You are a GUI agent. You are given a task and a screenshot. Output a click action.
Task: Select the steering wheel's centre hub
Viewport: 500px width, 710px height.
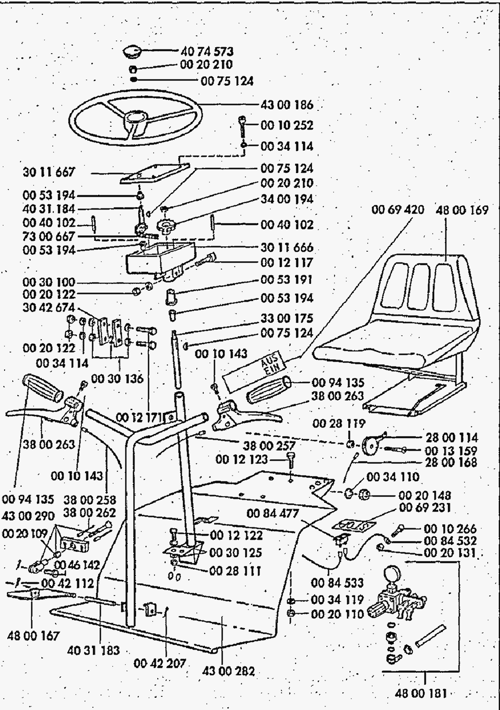(x=135, y=117)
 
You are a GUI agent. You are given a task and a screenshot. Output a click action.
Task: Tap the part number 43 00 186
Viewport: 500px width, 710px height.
(x=287, y=105)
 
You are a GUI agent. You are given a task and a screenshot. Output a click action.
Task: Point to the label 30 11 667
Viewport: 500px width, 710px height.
(x=49, y=173)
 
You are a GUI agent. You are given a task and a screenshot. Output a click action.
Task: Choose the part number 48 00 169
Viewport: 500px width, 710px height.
(x=462, y=210)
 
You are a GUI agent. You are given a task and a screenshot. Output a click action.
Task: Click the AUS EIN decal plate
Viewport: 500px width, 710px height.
(x=255, y=370)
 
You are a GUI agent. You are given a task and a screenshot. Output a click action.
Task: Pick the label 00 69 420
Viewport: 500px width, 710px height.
(x=398, y=210)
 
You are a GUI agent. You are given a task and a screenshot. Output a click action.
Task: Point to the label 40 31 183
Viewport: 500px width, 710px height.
(x=93, y=650)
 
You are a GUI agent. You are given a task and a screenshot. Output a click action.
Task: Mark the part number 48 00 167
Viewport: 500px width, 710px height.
(x=33, y=635)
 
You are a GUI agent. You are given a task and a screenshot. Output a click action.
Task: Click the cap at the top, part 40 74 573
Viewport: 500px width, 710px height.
(x=133, y=51)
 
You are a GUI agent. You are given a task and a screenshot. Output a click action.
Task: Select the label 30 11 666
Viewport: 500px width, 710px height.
(x=287, y=248)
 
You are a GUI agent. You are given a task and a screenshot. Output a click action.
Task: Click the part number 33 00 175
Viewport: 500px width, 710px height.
(x=287, y=318)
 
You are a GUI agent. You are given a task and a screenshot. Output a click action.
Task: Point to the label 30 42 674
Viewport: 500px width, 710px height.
(x=49, y=308)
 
